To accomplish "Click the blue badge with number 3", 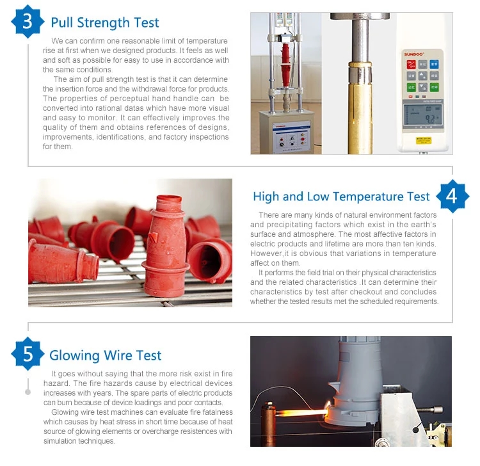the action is pos(28,21).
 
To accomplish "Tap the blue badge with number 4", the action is pos(452,197).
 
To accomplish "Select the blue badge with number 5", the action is pos(28,354).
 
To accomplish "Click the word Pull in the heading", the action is pos(62,22).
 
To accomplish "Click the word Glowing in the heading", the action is pos(74,356).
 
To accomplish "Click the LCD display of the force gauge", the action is pos(423,115).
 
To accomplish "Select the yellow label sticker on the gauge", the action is pos(424,141).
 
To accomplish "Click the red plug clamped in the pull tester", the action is pos(285,65).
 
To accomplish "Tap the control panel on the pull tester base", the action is pos(291,137).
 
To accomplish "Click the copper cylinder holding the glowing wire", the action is pos(269,424).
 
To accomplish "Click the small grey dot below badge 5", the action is pos(28,392).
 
